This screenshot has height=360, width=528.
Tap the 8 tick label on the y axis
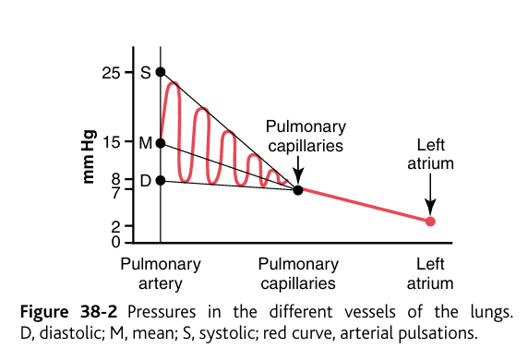114,178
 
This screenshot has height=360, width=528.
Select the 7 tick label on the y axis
114,192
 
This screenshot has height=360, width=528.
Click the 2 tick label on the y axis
114,226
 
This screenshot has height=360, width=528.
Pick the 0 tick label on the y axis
114,242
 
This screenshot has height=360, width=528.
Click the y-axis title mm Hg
90,156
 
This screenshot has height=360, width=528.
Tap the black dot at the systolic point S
161,72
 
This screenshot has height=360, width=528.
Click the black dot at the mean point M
161,143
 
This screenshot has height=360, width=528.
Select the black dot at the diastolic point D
161,180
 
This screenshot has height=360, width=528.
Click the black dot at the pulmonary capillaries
297,190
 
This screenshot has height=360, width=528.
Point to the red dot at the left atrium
430,222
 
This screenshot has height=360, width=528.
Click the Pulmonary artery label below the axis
161,273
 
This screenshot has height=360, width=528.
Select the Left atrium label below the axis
430,273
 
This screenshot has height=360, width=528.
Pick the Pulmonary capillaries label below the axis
297,273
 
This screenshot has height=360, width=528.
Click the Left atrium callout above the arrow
430,154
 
